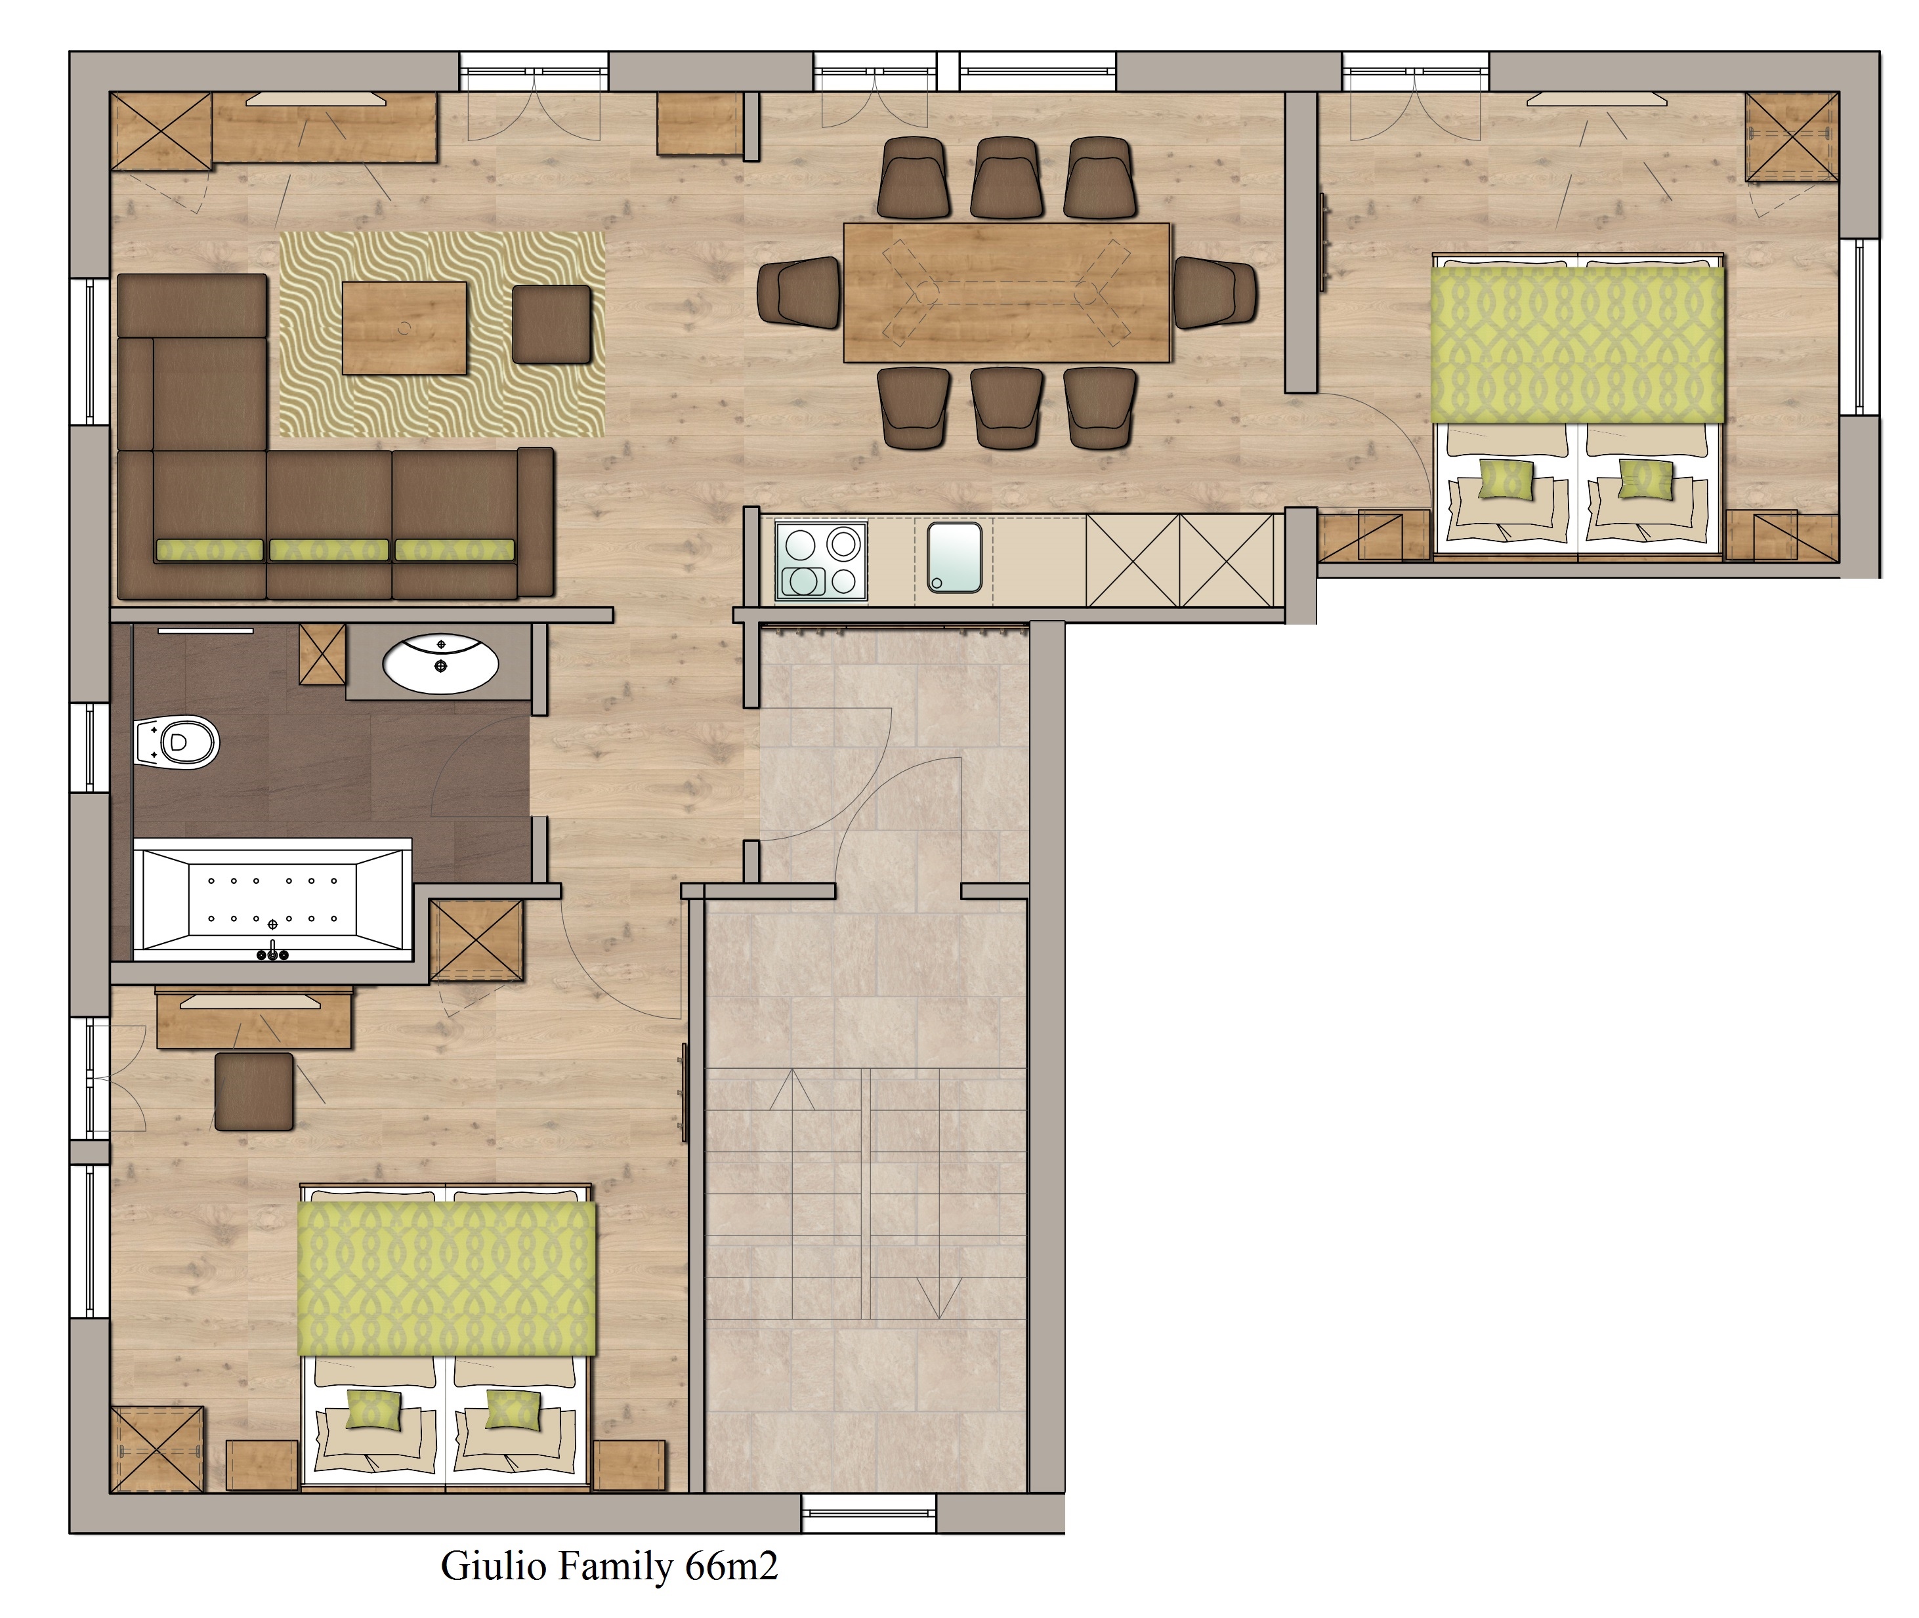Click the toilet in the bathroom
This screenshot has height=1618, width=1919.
point(177,742)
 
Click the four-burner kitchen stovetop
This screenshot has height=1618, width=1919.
point(821,560)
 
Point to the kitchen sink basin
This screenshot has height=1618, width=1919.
point(954,557)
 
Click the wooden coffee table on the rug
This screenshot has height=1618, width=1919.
point(404,327)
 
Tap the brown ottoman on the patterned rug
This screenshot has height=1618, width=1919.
point(551,323)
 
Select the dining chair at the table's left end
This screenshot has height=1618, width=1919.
point(799,292)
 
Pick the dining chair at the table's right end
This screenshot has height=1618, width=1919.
point(1215,292)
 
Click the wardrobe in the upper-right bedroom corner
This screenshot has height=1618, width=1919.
point(1792,136)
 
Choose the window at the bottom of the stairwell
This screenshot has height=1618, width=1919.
point(869,1514)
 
